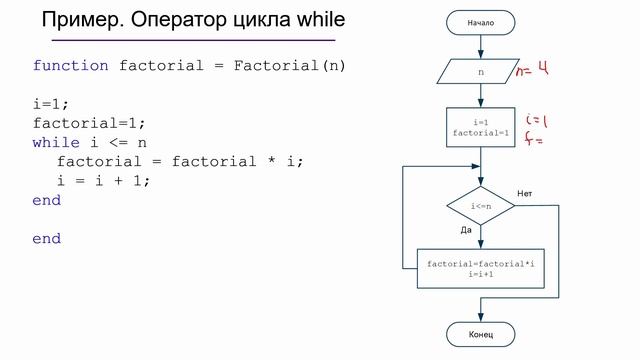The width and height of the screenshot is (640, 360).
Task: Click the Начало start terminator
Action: [480, 22]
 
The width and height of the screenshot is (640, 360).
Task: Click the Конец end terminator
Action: [480, 334]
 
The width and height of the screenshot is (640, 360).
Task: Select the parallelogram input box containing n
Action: [480, 73]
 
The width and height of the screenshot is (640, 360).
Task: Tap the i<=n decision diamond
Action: [480, 206]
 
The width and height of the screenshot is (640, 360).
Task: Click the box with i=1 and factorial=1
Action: [480, 127]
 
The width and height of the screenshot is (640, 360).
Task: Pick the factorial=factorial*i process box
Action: [480, 268]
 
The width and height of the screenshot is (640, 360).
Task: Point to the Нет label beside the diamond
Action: [525, 192]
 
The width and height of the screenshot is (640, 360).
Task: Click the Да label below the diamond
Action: [466, 230]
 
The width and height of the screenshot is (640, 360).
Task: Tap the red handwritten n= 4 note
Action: [532, 71]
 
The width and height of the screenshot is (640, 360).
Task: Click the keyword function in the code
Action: [70, 66]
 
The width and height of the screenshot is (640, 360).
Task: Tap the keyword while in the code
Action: [56, 143]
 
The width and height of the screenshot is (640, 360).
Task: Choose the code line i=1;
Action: [51, 104]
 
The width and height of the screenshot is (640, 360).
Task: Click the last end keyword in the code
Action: [46, 239]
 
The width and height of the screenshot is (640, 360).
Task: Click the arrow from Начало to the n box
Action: [480, 46]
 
